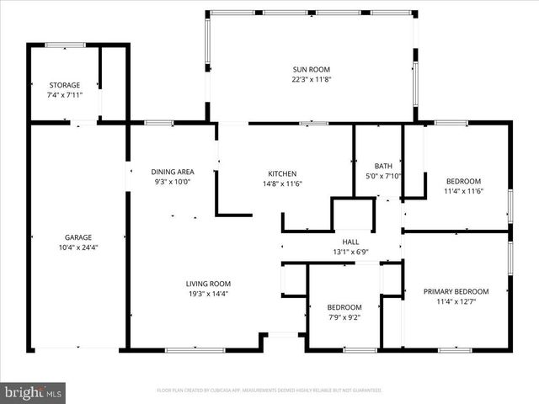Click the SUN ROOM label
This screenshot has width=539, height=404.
click(x=311, y=70)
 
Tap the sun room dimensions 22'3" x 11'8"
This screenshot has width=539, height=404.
click(x=311, y=81)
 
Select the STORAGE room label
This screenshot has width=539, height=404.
click(x=65, y=85)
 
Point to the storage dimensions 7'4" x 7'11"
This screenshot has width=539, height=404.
click(x=65, y=95)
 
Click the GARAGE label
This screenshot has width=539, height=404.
click(x=78, y=237)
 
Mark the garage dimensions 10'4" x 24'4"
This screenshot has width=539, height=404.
click(x=78, y=247)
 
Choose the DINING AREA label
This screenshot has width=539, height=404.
click(x=173, y=172)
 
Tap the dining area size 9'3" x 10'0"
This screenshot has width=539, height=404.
click(x=173, y=182)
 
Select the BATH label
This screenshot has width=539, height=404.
click(x=383, y=166)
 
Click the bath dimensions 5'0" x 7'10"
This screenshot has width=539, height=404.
click(x=383, y=176)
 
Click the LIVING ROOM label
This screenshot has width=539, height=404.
click(x=208, y=284)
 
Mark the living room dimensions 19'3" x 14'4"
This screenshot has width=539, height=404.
click(x=208, y=294)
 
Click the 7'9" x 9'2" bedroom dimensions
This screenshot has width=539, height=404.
click(x=344, y=317)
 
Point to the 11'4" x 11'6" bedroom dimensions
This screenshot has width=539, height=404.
click(x=463, y=191)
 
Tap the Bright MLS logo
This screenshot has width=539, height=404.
click(x=34, y=392)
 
